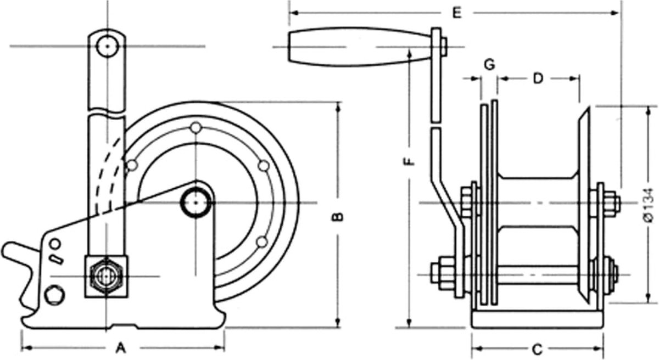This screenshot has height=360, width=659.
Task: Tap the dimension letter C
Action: (x=538, y=348)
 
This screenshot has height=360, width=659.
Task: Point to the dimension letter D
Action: (x=538, y=78)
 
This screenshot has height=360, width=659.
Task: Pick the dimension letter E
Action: (x=456, y=12)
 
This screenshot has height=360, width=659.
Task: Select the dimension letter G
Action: (x=489, y=64)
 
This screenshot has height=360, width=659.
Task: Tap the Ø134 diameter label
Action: (x=649, y=204)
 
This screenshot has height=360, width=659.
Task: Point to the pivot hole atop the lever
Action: (x=107, y=46)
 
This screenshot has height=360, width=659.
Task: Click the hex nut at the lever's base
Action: (x=106, y=276)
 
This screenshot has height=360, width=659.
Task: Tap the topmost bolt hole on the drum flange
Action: (x=196, y=128)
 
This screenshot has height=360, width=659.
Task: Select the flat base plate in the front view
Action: (x=538, y=320)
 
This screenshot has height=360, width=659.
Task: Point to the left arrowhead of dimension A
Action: (x=24, y=348)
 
